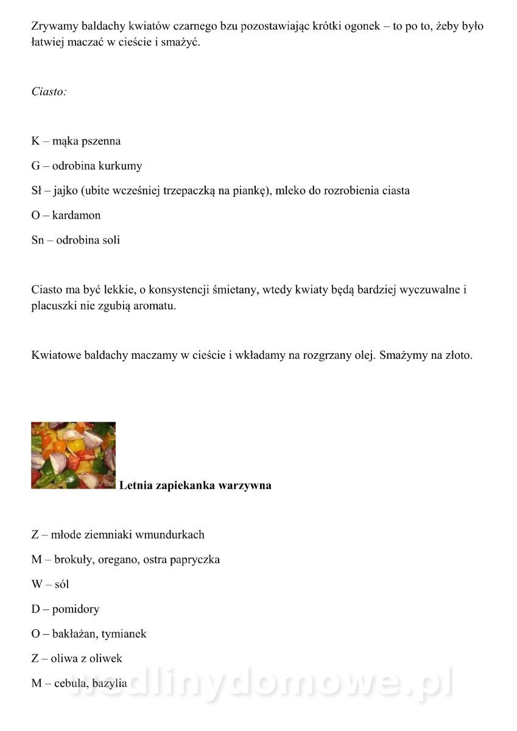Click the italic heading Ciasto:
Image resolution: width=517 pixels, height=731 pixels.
click(x=49, y=92)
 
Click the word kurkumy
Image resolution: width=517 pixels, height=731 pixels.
click(x=121, y=166)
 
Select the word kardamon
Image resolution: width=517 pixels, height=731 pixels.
click(x=76, y=215)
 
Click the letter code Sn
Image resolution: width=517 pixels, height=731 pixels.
click(x=38, y=240)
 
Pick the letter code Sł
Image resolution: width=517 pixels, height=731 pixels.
click(x=37, y=191)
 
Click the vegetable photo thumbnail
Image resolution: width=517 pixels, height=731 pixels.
click(x=73, y=455)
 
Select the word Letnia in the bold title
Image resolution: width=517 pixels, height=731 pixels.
click(x=136, y=486)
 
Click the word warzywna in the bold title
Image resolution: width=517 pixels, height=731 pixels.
click(x=247, y=486)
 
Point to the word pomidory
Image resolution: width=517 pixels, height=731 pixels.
click(x=76, y=609)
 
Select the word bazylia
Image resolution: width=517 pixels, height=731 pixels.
click(x=110, y=683)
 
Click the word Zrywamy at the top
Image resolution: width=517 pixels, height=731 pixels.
click(x=54, y=27)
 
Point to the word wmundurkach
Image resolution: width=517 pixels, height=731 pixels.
click(x=170, y=535)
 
